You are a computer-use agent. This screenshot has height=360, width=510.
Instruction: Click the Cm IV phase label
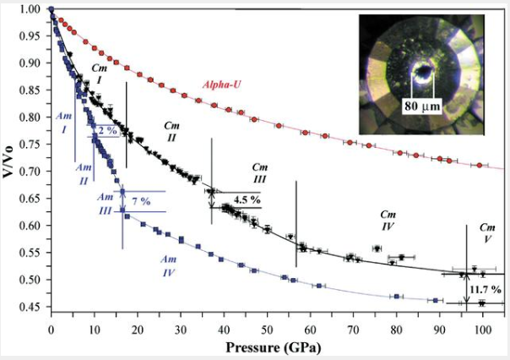click(x=388, y=221)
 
